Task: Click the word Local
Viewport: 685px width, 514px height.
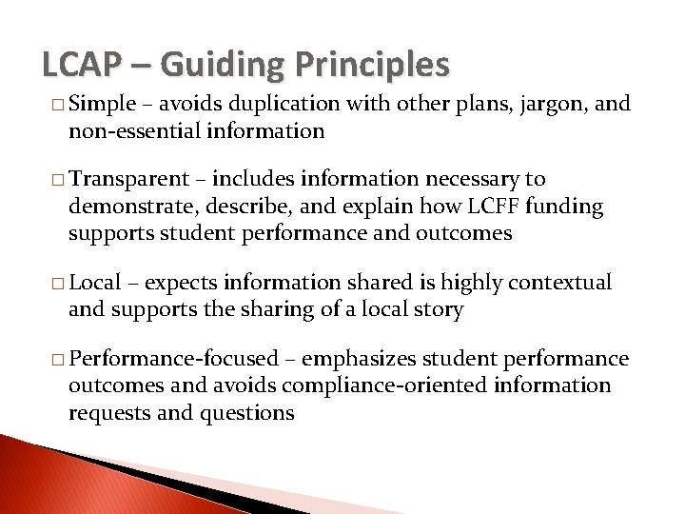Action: [95, 283]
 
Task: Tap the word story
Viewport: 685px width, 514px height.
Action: [440, 309]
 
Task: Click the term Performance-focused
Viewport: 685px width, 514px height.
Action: [175, 359]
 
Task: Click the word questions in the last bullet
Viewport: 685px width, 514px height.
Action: [250, 412]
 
